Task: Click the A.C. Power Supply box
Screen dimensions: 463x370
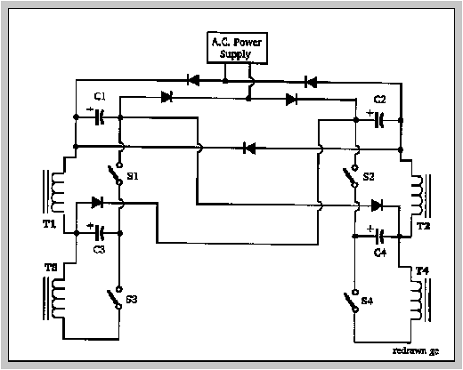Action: click(237, 48)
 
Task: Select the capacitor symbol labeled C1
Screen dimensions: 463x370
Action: click(100, 117)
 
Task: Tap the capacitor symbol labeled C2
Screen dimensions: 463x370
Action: click(379, 120)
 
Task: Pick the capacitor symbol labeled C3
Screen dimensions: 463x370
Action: click(100, 233)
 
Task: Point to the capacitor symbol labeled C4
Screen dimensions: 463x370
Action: click(379, 236)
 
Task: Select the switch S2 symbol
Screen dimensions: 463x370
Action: click(351, 177)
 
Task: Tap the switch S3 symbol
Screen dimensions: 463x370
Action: click(115, 298)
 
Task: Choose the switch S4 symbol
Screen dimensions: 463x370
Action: click(352, 301)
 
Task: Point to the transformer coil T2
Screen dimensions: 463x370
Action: click(420, 196)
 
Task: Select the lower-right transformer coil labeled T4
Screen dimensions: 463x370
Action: click(420, 301)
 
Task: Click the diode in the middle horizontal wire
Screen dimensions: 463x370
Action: click(249, 148)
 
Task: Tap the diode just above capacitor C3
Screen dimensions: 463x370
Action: click(97, 203)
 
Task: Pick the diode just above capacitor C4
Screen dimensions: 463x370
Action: click(377, 205)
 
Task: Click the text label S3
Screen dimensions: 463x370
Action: click(132, 300)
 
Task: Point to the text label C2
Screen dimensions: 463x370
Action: click(379, 100)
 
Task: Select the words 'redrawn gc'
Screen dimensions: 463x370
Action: click(416, 351)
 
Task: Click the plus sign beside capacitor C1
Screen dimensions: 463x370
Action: click(90, 109)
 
